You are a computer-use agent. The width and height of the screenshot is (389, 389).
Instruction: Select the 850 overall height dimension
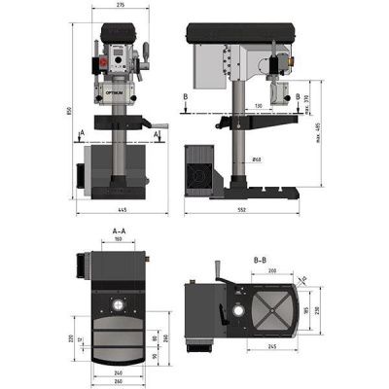tap(70, 111)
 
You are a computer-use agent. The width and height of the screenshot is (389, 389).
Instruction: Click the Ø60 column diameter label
tap(255, 159)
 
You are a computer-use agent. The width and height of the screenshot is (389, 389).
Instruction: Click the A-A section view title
tap(117, 230)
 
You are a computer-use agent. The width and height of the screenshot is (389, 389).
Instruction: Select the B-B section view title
tap(260, 260)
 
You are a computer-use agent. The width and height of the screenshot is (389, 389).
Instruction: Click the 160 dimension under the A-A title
tap(118, 239)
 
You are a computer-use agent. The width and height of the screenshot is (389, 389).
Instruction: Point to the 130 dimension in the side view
tap(259, 105)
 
